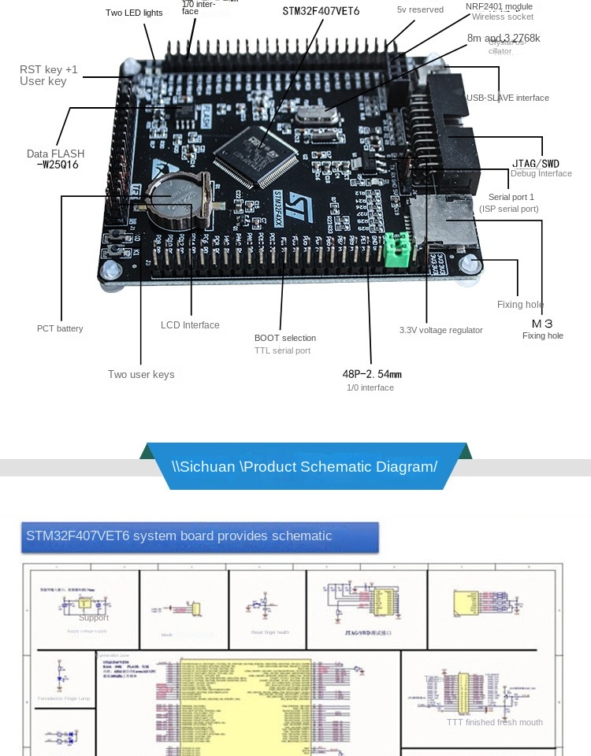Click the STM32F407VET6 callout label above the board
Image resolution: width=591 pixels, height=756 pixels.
point(321,11)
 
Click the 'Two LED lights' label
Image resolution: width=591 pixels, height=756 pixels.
point(134,13)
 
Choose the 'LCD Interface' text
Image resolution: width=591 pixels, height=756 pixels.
point(190,324)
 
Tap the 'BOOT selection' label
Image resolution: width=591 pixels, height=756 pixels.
point(285,338)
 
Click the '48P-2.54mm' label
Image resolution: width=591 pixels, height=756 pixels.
point(372,374)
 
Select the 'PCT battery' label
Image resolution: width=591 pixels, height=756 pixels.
point(60,328)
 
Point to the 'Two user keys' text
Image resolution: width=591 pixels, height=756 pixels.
point(141,374)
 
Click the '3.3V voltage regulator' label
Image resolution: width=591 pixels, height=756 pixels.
point(440,330)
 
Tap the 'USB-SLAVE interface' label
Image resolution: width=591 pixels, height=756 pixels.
point(507,98)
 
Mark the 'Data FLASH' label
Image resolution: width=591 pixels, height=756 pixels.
point(55,154)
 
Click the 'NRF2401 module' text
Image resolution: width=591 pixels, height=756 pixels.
point(499,6)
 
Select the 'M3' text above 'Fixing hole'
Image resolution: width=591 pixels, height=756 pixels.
point(542,324)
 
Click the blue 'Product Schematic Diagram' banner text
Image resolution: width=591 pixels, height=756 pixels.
point(304,466)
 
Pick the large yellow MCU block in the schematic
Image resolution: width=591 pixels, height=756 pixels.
point(244,705)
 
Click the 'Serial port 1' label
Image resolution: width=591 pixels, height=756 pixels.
point(511,196)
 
